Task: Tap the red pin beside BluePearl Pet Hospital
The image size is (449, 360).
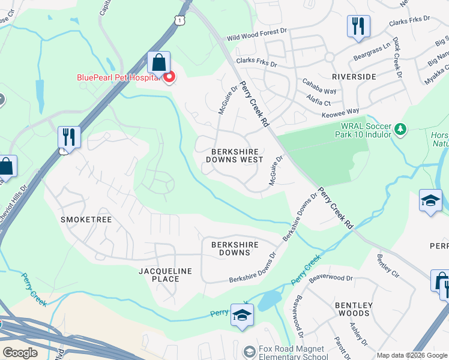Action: coord(169,77)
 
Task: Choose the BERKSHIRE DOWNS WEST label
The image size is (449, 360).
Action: coord(234,156)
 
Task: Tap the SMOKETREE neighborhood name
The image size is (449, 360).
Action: coord(86,220)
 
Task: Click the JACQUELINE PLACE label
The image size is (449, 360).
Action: coord(165,275)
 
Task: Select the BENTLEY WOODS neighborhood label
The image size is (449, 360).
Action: coord(354,309)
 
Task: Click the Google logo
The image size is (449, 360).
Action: coord(20,352)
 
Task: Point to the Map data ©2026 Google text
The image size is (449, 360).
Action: coord(411,355)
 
